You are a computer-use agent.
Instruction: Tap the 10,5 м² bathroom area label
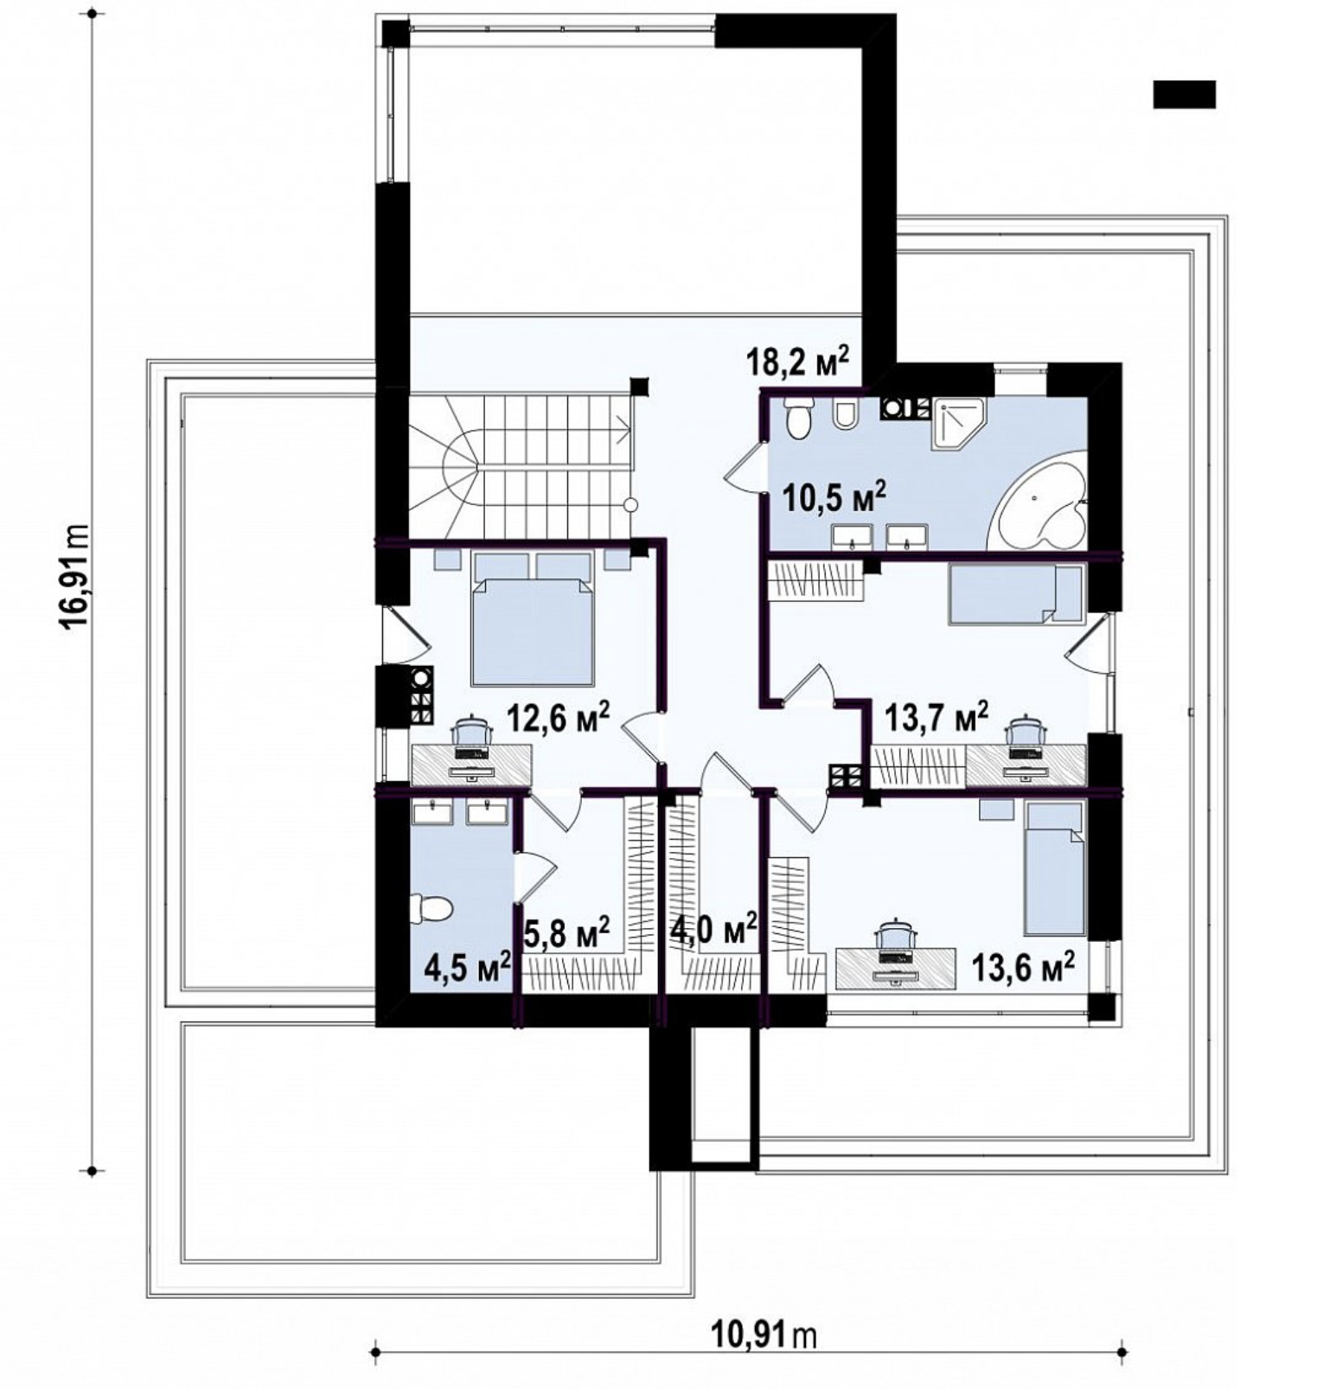tap(834, 497)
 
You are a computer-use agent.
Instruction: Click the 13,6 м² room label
tap(1024, 967)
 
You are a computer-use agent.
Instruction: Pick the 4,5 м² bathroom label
tap(468, 968)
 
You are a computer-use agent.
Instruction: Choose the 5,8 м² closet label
tap(568, 933)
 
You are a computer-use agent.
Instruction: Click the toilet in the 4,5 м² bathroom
tap(431, 908)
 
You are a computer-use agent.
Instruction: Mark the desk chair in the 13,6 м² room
tap(897, 935)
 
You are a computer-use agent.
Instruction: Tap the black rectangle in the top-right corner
tap(1184, 94)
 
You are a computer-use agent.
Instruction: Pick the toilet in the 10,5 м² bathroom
tap(798, 420)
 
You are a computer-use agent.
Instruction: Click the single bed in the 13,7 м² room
tap(1016, 594)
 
